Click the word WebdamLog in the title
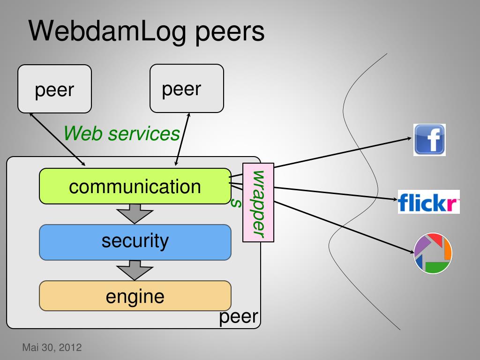click(107, 32)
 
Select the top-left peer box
click(54, 89)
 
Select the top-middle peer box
click(187, 89)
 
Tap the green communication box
click(135, 186)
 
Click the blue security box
click(135, 242)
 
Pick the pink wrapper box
click(258, 202)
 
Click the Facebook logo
click(429, 140)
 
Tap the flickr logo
click(428, 202)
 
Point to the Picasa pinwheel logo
click(433, 253)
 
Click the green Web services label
click(121, 134)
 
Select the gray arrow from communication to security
click(135, 214)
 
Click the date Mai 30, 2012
click(52, 347)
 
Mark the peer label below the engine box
click(239, 317)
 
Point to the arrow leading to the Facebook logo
click(343, 153)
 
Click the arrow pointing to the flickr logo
click(336, 194)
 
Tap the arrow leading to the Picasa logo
click(344, 227)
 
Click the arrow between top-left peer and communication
click(57, 140)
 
